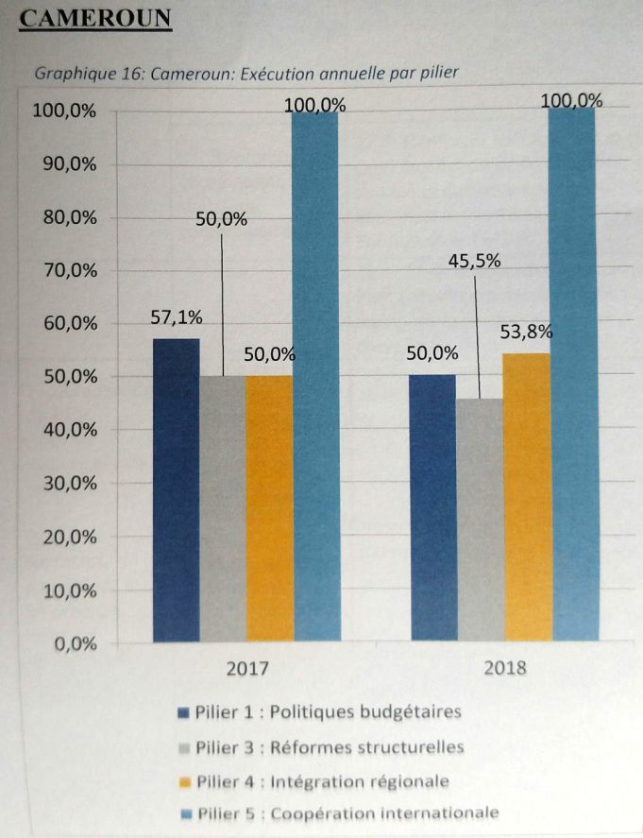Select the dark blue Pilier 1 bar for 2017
click(177, 490)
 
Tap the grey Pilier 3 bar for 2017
click(223, 509)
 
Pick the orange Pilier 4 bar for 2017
click(270, 509)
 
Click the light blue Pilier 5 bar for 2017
click(316, 377)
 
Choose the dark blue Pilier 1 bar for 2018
click(433, 507)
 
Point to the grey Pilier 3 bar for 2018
click(481, 520)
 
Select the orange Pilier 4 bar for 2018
click(528, 497)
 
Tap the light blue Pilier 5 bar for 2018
click(574, 374)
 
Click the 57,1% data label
click(177, 318)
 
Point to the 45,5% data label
click(474, 261)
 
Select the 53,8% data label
click(526, 333)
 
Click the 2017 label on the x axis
click(247, 669)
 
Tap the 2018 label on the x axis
click(505, 668)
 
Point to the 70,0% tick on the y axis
click(71, 271)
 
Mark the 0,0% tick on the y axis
click(76, 644)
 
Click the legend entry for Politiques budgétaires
click(319, 712)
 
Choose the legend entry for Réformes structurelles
click(321, 747)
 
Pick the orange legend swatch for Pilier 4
click(185, 783)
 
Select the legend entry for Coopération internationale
click(340, 814)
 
